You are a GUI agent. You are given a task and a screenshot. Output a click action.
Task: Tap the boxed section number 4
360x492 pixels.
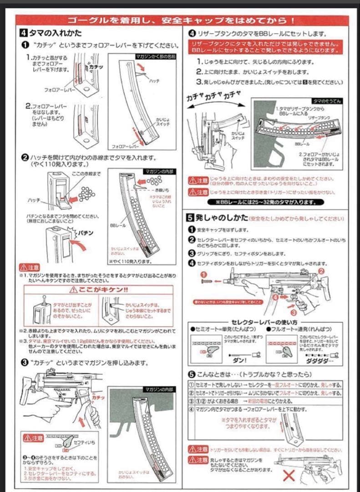(x=23, y=33)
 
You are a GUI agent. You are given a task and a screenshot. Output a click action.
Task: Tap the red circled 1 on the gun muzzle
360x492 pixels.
(x=203, y=275)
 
